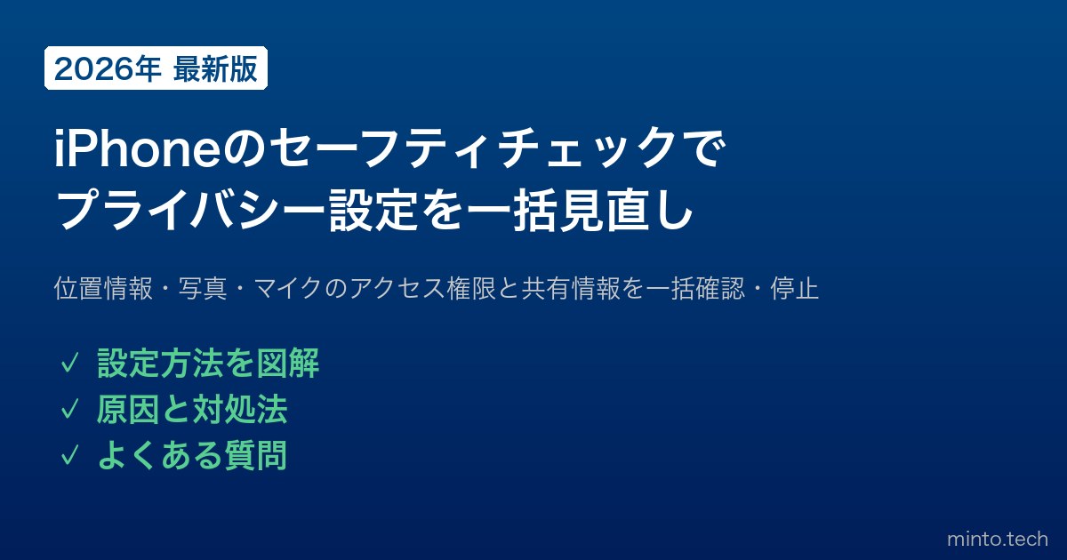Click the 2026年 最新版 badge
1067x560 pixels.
click(156, 68)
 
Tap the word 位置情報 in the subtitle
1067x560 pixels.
click(103, 288)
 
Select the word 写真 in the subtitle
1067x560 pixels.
click(203, 288)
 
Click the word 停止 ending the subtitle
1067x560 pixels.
click(795, 288)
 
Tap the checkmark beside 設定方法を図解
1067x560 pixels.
click(69, 364)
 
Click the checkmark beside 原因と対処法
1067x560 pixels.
click(69, 410)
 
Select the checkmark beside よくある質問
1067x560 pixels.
click(69, 455)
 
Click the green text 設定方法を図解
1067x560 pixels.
click(208, 364)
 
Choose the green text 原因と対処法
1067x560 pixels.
click(192, 409)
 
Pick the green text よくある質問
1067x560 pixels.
click(192, 455)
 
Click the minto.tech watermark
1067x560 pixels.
click(998, 539)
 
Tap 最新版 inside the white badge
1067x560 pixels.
click(215, 69)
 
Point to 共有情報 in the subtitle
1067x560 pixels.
click(571, 288)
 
